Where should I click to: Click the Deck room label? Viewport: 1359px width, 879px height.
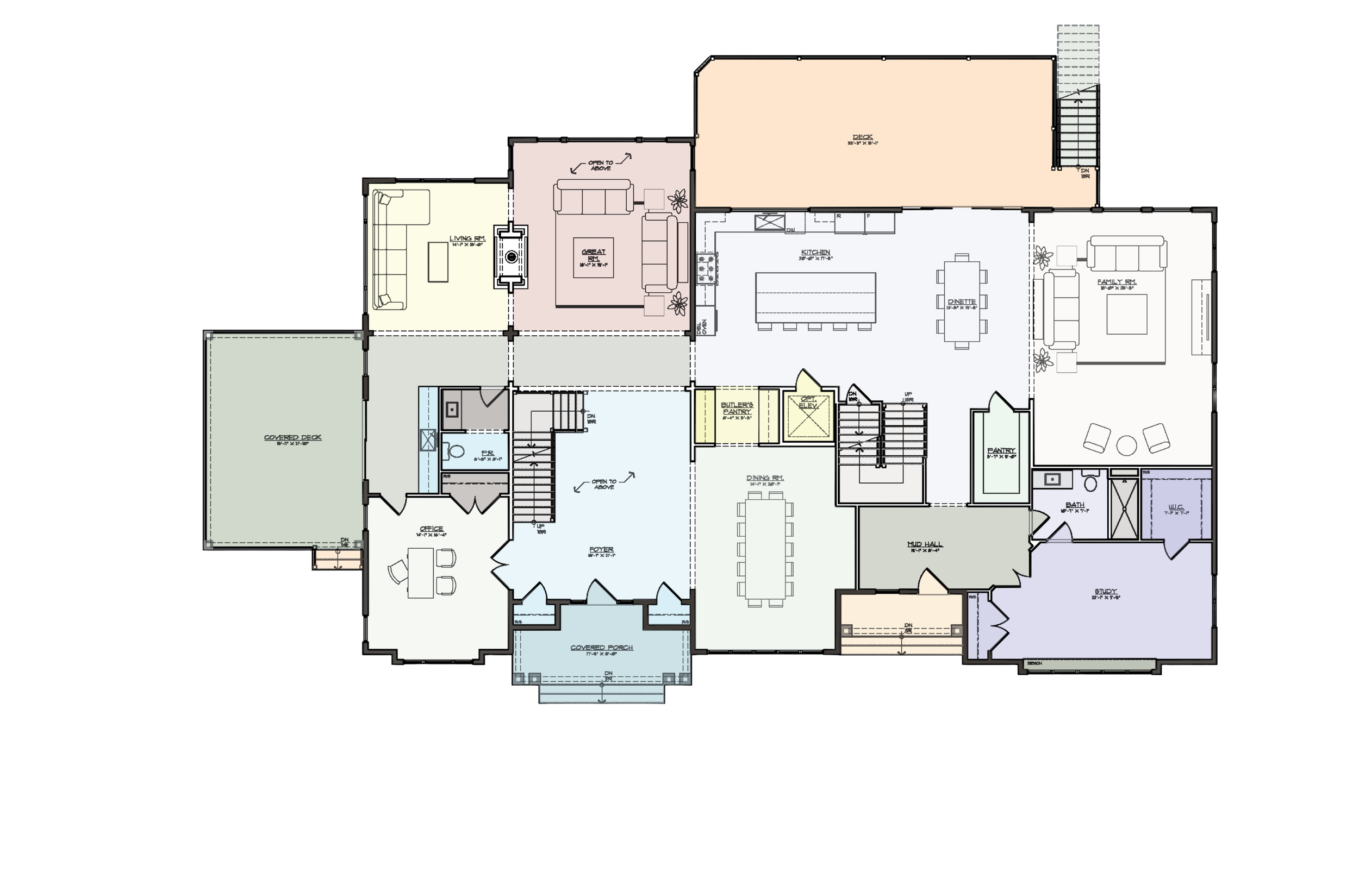(862, 137)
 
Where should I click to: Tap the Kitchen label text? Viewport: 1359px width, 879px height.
(815, 252)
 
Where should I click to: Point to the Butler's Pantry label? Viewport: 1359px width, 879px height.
(737, 407)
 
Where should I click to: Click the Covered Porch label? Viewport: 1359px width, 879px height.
(602, 648)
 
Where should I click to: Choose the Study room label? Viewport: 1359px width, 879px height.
(1106, 591)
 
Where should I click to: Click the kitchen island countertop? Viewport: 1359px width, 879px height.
(815, 297)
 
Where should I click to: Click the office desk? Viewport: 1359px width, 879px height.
(421, 573)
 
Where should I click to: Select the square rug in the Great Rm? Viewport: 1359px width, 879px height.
(593, 258)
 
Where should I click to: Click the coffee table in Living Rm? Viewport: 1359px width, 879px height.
(439, 261)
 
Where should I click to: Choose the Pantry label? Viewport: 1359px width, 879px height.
(1001, 450)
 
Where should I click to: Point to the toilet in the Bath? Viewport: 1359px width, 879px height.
(1090, 483)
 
